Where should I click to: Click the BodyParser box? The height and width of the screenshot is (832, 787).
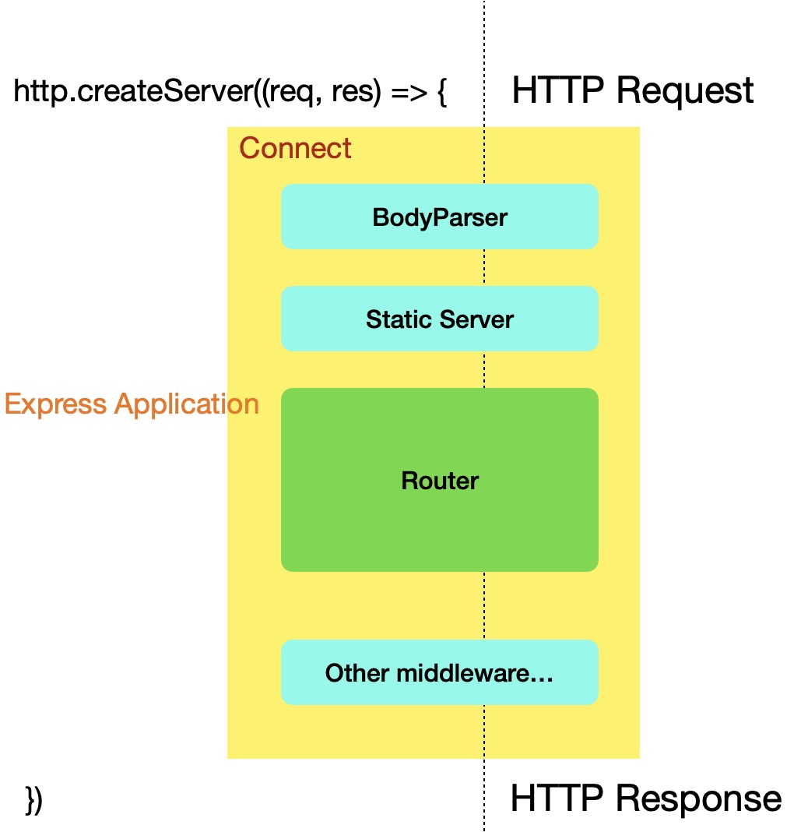coord(439,217)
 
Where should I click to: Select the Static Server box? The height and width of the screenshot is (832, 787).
coord(439,319)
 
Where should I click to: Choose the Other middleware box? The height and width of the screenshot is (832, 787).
coord(439,672)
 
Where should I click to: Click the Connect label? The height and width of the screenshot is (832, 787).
coord(295,148)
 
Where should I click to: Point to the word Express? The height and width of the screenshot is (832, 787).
coord(55,404)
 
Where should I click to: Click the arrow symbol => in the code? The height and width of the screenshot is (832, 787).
coord(406,93)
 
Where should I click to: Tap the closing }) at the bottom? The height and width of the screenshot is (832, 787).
coord(34,800)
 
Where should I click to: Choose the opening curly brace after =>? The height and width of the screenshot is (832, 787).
coord(441,93)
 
